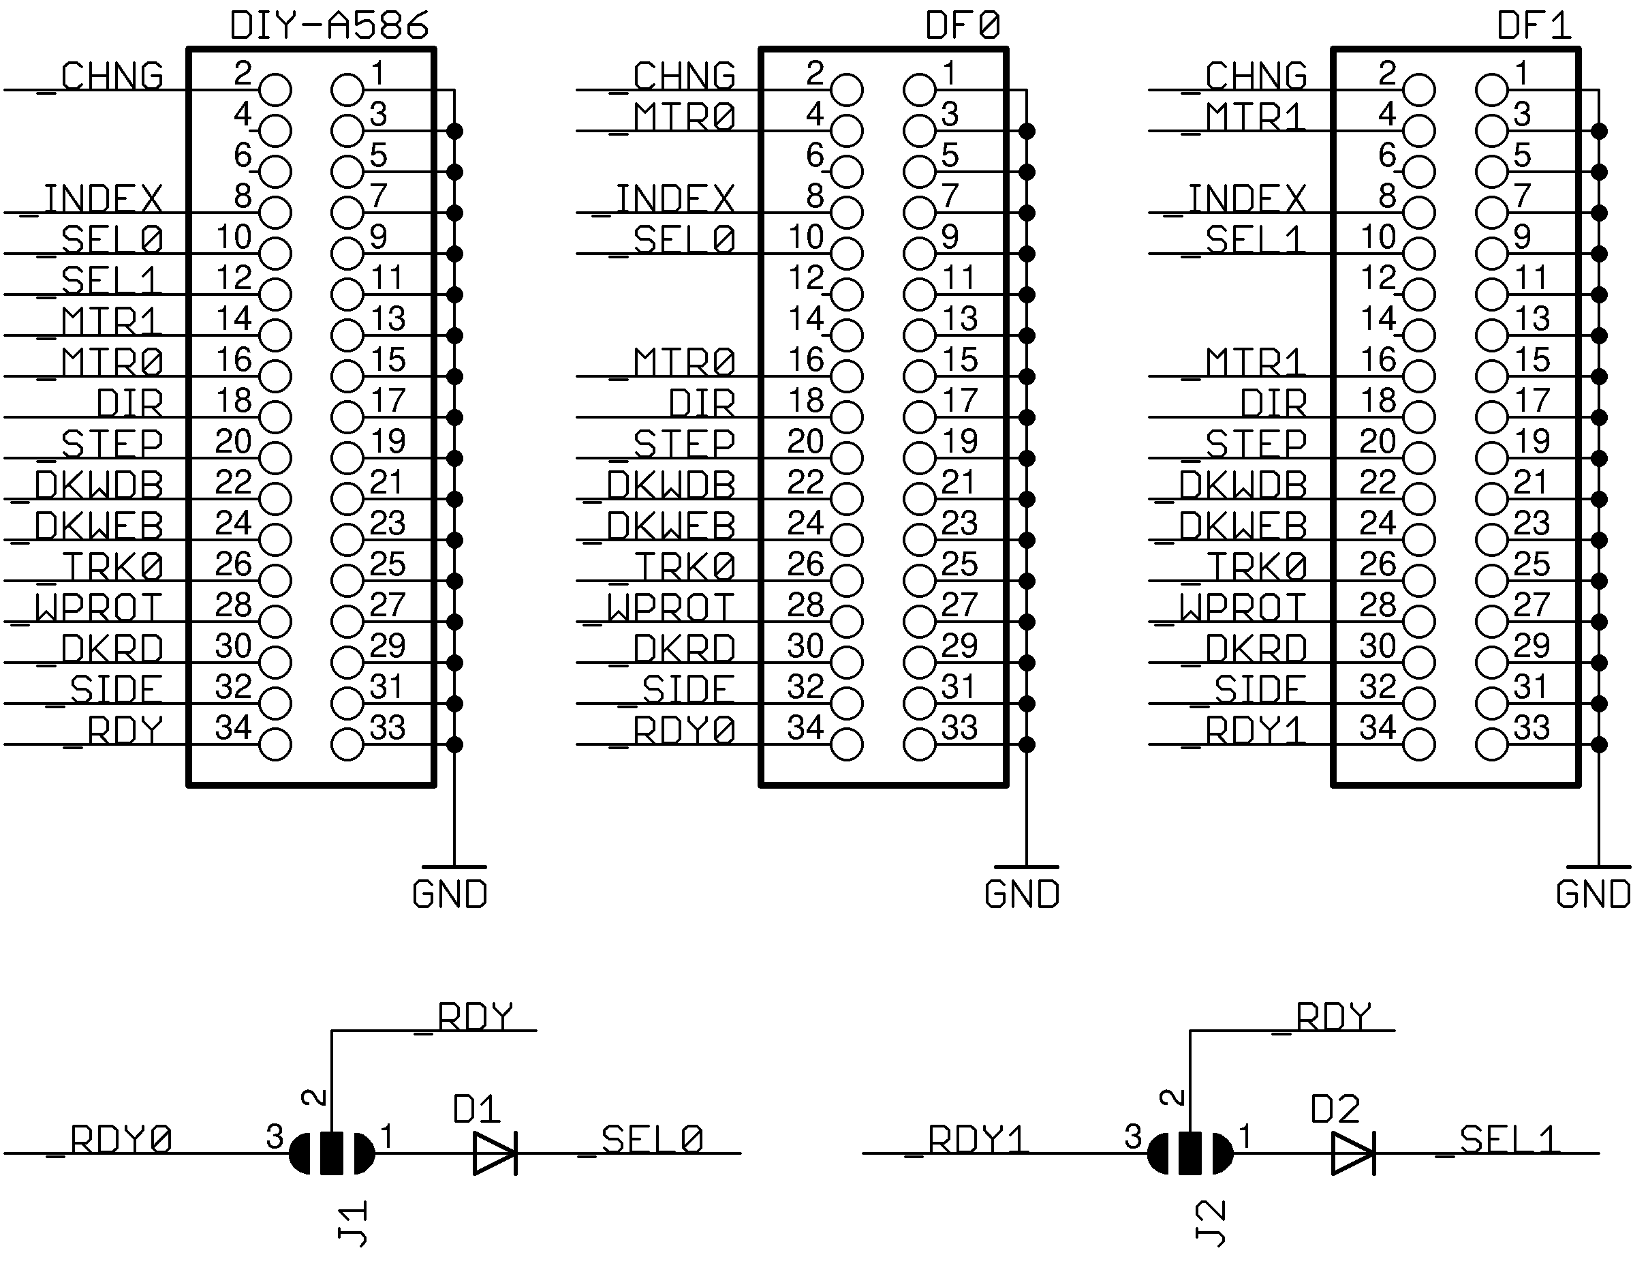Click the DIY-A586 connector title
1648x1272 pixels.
coord(329,26)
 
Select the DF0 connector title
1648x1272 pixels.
coord(962,26)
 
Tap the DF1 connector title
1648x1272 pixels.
coord(1534,26)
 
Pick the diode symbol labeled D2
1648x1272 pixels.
coord(1353,1153)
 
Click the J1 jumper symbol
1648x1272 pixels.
coord(332,1153)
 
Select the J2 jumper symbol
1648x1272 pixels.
coord(1190,1153)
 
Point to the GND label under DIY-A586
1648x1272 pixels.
coord(450,894)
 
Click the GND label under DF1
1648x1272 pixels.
coord(1593,894)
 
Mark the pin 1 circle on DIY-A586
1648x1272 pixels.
coord(347,90)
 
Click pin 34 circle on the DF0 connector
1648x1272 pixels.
coord(847,744)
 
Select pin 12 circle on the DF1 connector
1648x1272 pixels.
coord(1418,294)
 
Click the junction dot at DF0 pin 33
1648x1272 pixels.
coord(1026,744)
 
